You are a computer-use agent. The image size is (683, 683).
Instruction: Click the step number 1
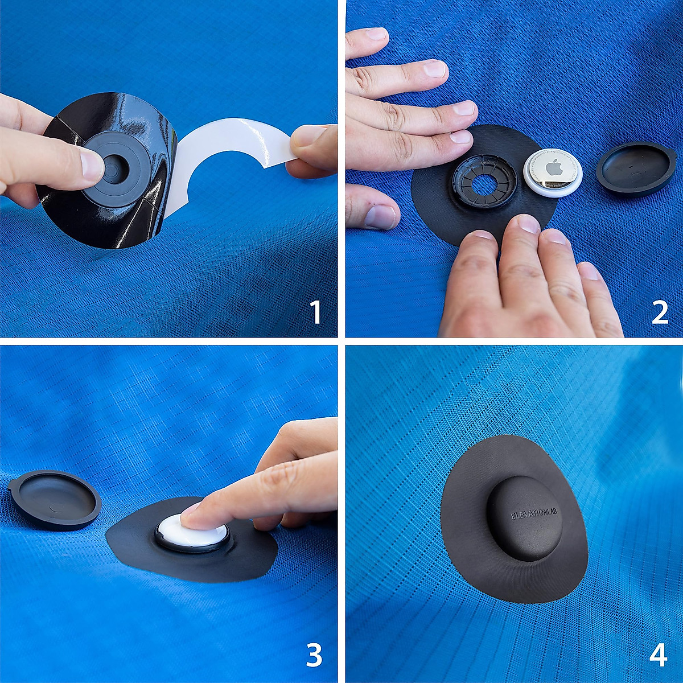(315, 312)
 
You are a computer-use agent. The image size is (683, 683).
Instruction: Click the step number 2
(659, 312)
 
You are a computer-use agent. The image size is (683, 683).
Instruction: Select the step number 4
(658, 656)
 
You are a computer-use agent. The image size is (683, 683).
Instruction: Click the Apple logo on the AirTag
(553, 169)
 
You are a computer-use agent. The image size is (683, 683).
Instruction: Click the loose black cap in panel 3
(56, 499)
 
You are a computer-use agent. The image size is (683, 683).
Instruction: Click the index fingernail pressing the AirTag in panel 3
(190, 515)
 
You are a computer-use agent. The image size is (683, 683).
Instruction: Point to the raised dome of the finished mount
(525, 518)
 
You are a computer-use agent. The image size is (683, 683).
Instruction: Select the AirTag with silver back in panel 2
(553, 172)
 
